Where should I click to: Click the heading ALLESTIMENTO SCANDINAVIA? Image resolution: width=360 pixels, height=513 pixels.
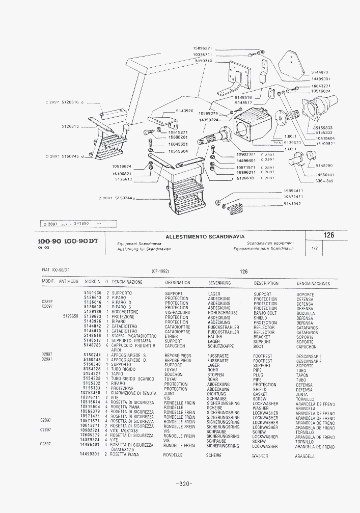(x=205, y=236)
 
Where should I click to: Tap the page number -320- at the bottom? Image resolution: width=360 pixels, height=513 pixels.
(x=183, y=483)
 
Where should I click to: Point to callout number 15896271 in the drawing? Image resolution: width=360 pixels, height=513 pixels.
(x=202, y=48)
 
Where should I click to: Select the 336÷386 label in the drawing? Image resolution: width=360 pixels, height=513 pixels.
(x=324, y=181)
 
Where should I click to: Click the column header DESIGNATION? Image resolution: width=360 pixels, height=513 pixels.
(x=178, y=283)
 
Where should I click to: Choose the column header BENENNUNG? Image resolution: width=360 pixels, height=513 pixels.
(x=220, y=283)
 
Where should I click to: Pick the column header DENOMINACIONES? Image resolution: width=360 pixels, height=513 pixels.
(x=313, y=284)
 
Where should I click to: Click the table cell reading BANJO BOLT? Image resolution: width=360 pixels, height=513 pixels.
(x=265, y=313)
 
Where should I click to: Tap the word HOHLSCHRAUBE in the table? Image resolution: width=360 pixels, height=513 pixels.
(x=223, y=313)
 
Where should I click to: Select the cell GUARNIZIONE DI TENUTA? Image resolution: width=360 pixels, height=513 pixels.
(x=134, y=394)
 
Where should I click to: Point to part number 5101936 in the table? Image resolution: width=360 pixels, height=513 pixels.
(x=93, y=293)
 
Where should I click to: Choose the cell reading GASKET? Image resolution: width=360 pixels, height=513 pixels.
(x=260, y=394)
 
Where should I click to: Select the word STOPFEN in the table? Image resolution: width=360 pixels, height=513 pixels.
(x=216, y=375)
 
